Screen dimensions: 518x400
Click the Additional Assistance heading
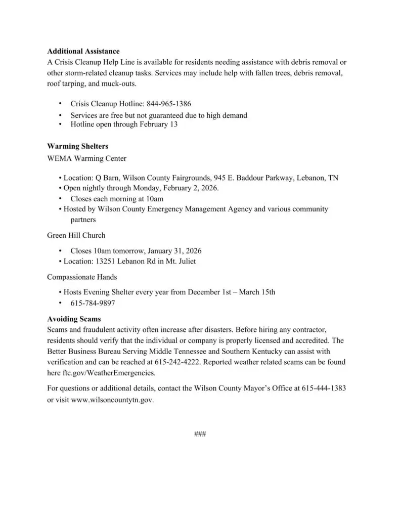click(83, 51)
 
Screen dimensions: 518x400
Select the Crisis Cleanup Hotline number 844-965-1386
click(169, 104)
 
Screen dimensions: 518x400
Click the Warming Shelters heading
click(77, 146)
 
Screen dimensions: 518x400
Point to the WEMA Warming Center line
click(86, 158)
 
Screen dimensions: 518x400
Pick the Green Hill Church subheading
click(76, 235)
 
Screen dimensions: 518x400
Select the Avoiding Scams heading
click(74, 319)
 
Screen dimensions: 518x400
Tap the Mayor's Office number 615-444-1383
click(324, 388)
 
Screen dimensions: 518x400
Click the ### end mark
click(200, 434)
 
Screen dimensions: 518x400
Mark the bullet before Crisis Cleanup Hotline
click(60, 104)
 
